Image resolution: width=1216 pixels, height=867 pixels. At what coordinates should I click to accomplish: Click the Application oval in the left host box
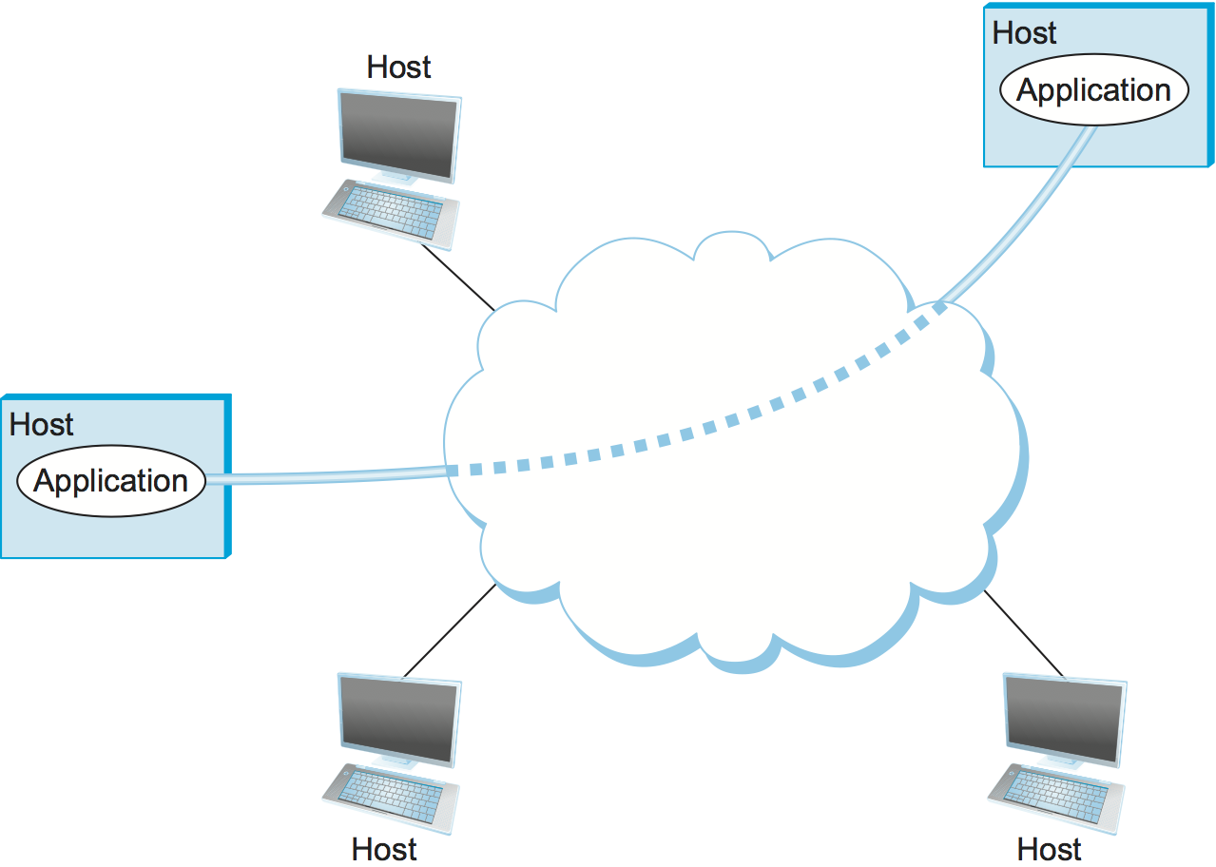(112, 481)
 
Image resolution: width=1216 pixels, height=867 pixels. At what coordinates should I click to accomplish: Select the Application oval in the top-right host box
(1093, 91)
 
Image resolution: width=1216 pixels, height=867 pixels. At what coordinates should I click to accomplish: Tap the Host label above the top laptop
(398, 67)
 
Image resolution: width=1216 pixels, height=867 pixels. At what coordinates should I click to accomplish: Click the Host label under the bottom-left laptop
(384, 849)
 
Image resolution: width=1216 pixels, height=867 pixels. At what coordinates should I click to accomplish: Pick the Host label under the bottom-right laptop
(1050, 849)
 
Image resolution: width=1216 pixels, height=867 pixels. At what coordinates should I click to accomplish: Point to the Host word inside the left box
(42, 424)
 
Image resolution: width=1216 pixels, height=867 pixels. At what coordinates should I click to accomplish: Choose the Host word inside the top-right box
(1025, 33)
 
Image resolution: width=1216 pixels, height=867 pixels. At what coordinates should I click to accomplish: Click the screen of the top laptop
(398, 135)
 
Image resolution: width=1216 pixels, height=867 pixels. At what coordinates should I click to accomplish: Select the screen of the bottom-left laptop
(398, 719)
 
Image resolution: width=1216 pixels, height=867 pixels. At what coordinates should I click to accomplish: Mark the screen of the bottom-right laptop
(1064, 719)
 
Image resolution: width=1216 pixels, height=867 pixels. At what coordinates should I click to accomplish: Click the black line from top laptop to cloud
(458, 278)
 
